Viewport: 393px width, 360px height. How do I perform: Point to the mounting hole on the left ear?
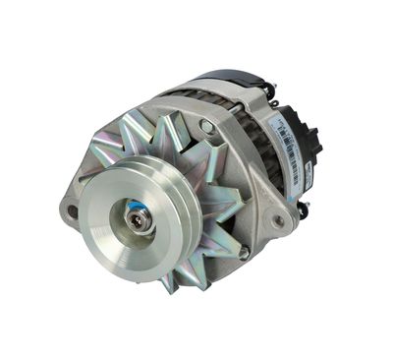point(72,210)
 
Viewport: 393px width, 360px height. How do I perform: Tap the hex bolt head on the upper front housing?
point(205,126)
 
